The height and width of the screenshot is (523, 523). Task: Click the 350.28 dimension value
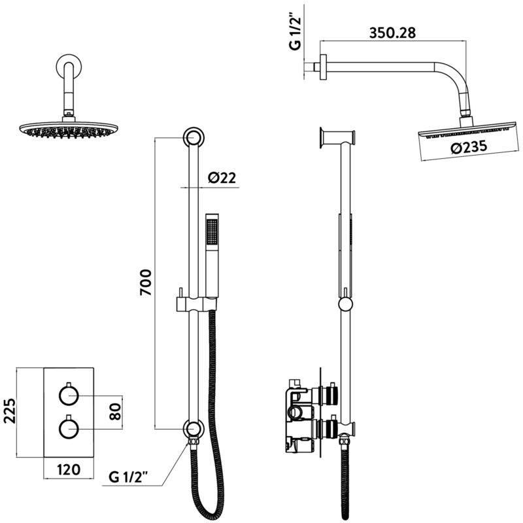pos(393,33)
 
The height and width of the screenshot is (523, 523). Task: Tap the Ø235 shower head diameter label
pos(469,146)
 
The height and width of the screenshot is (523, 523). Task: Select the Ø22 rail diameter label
pos(222,178)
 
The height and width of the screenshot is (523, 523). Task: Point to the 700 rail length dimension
pos(146,282)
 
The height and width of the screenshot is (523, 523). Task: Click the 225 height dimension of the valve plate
pos(10,411)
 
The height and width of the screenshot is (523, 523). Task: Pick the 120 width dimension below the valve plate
pos(69,469)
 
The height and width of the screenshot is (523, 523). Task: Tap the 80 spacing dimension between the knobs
pos(115,412)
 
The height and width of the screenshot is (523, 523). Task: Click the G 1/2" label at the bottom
pos(128,478)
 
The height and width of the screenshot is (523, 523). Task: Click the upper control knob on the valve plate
pos(69,395)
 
